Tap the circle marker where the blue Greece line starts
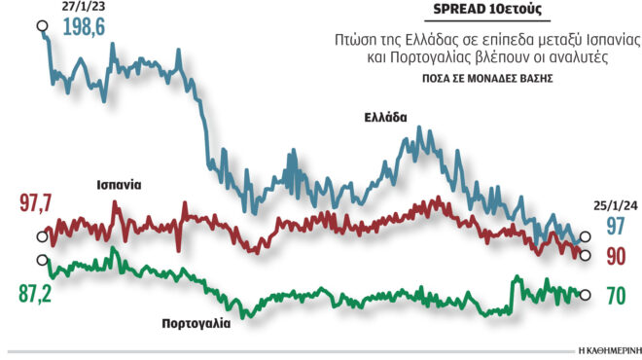(41, 26)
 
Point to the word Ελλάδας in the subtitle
(426, 41)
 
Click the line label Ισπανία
(118, 184)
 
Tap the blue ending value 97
(614, 227)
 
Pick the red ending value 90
(614, 256)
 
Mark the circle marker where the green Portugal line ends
(584, 296)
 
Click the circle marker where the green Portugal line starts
(41, 259)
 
